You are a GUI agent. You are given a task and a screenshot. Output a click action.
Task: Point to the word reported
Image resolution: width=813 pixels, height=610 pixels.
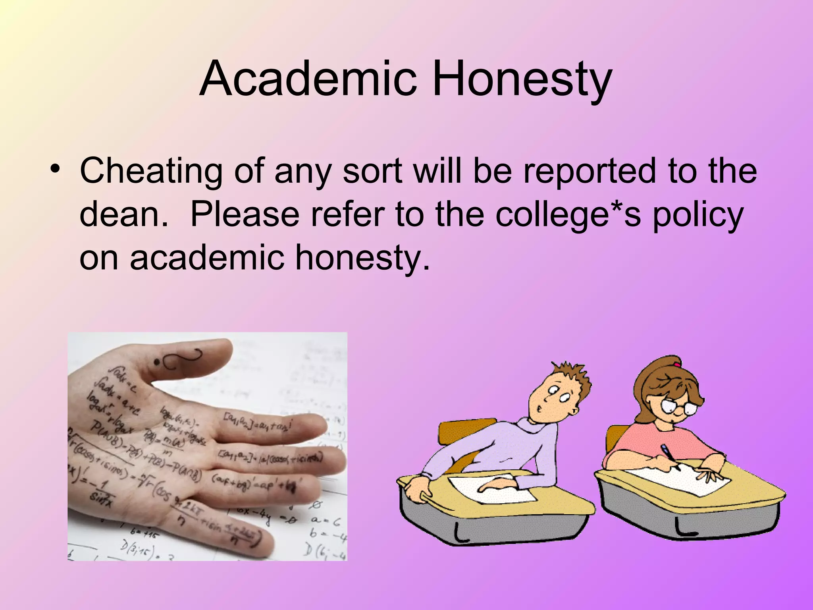coord(590,171)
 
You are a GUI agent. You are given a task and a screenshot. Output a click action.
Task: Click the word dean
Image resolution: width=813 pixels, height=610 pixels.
coord(123,214)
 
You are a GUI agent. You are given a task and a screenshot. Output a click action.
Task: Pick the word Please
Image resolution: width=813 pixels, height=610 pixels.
coord(245,214)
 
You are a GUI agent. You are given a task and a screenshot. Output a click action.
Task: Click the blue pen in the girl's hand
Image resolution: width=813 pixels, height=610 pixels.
coord(668,455)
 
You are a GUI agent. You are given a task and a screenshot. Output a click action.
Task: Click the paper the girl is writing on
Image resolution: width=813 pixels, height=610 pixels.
coord(683,479)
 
